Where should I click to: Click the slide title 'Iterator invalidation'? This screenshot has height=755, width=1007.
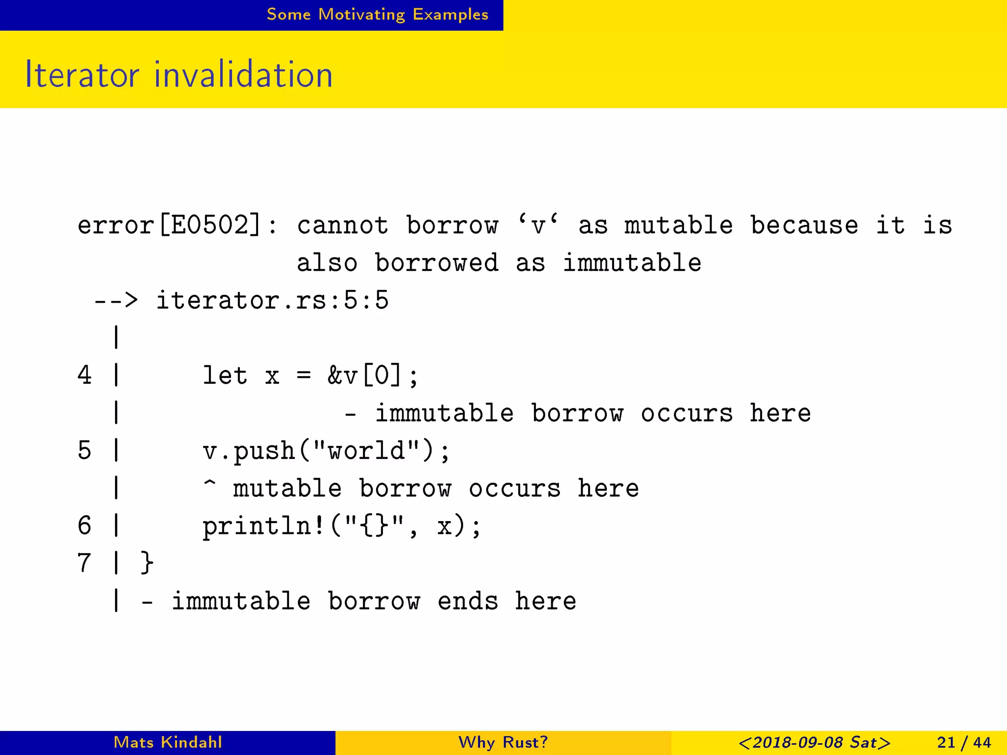(179, 75)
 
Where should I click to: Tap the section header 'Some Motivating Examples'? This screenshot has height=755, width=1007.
(377, 15)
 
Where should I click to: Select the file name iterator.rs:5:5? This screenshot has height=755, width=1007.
(272, 300)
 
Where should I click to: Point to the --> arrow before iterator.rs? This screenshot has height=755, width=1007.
(116, 300)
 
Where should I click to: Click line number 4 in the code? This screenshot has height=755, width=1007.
(85, 376)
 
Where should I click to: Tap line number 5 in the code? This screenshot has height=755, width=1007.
(85, 451)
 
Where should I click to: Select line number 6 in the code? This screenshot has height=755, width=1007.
(85, 525)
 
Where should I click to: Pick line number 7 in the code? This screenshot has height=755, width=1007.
(85, 563)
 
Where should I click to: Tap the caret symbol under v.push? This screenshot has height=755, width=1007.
(209, 484)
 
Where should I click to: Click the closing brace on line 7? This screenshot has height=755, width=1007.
(147, 563)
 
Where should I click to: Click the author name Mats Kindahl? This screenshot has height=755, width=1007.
(168, 742)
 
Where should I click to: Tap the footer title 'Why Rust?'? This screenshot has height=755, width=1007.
(503, 742)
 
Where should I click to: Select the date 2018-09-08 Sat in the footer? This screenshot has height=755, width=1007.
(814, 742)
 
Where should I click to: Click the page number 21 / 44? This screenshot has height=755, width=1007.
(964, 742)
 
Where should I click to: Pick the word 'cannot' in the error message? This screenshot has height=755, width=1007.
(342, 226)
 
